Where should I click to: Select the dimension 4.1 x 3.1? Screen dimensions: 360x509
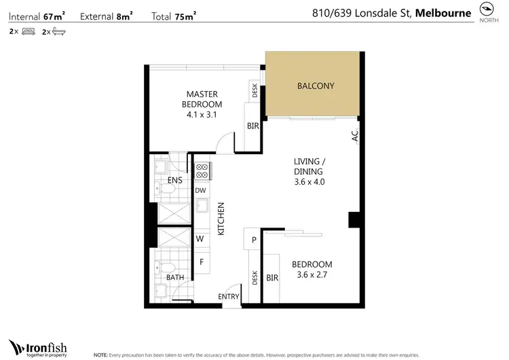coord(202,115)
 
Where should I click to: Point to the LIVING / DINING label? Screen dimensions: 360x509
coord(309,166)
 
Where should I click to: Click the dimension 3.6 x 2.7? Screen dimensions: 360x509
coord(312,275)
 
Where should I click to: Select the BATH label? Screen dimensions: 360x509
coord(175,277)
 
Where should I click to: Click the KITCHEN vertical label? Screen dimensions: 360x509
coord(221,219)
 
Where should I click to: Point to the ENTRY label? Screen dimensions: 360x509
coord(228,297)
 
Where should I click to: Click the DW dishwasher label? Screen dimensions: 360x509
coord(200,191)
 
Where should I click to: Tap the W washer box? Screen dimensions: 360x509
coord(200,239)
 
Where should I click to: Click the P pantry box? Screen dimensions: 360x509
coord(253,240)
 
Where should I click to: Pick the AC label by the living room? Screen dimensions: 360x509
coord(354,137)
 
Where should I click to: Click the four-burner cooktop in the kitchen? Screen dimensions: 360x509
coord(202,170)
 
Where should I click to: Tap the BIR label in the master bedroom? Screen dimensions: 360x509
coord(252,126)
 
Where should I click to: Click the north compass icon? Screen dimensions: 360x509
coord(486,9)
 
